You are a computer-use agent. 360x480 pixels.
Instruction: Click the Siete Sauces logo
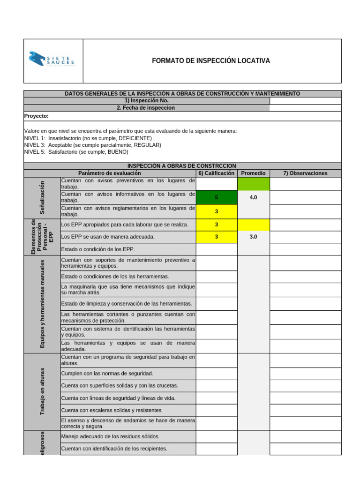[x=52, y=60]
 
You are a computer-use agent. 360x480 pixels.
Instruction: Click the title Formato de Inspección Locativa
[x=211, y=61]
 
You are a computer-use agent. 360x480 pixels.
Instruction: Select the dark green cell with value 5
[x=217, y=197]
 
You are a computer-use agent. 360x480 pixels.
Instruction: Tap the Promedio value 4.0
[x=253, y=198]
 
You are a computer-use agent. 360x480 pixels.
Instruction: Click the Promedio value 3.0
[x=253, y=237]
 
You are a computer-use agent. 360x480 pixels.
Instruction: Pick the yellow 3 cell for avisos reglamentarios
[x=217, y=211]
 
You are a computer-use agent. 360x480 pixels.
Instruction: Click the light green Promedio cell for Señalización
[x=253, y=184]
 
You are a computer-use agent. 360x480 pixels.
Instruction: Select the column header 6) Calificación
[x=216, y=173]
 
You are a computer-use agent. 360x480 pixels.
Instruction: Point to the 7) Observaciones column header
[x=305, y=173]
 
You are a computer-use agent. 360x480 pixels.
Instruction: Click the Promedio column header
[x=253, y=173]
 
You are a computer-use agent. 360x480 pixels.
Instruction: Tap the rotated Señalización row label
[x=42, y=197]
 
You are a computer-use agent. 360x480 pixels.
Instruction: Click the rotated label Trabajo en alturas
[x=42, y=391]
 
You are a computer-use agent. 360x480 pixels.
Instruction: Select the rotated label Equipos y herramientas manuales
[x=42, y=304]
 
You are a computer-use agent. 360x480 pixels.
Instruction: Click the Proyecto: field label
[x=36, y=116]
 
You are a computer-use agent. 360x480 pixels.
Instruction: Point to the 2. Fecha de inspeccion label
[x=146, y=108]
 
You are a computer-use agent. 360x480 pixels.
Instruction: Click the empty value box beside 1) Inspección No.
[x=305, y=100]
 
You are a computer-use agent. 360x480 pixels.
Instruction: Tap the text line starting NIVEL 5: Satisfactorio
[x=76, y=152]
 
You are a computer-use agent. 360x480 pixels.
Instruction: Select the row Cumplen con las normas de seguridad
[x=107, y=374]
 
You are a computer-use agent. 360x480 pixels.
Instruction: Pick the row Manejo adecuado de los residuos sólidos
[x=110, y=436]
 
